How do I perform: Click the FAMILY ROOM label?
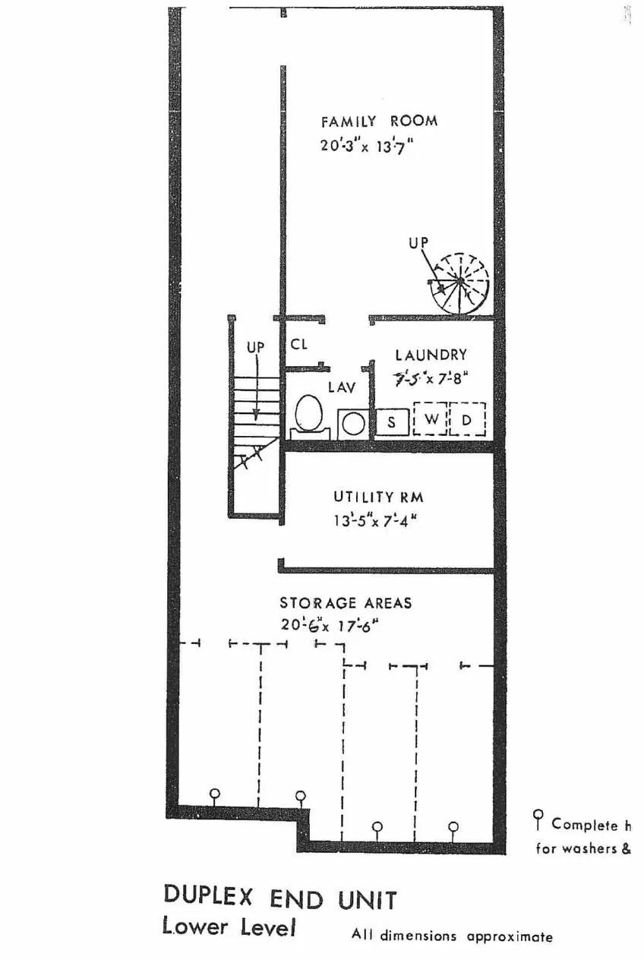(379, 122)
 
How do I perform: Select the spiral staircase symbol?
(459, 283)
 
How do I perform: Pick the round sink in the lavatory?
(352, 422)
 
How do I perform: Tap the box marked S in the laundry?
(392, 422)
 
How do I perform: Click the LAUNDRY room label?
(431, 355)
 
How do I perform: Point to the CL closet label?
(299, 344)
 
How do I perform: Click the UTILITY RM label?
(378, 497)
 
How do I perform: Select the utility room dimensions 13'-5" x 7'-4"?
(375, 522)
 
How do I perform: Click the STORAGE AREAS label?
(346, 603)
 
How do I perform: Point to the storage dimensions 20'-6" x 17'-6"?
(330, 626)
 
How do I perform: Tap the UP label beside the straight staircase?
(255, 347)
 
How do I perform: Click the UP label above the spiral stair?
(418, 243)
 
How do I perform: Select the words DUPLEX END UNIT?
(279, 898)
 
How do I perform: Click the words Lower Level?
(228, 927)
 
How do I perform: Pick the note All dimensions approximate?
(452, 936)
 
